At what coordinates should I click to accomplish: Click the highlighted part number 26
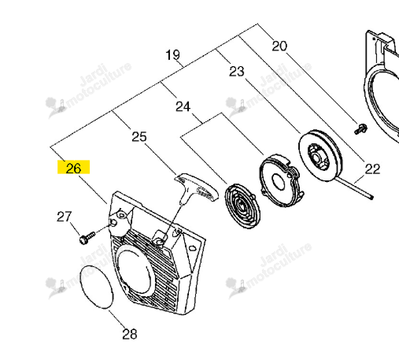[73, 168]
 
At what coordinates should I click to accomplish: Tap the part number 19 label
[173, 55]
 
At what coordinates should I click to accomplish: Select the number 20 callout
[279, 46]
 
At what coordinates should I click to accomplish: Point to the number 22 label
[372, 169]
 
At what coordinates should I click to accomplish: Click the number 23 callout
[237, 71]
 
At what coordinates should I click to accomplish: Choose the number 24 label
[183, 106]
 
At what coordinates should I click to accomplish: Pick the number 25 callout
[139, 137]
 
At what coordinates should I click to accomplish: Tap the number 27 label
[65, 217]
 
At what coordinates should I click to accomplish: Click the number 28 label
[130, 334]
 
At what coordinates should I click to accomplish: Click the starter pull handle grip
[198, 187]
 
